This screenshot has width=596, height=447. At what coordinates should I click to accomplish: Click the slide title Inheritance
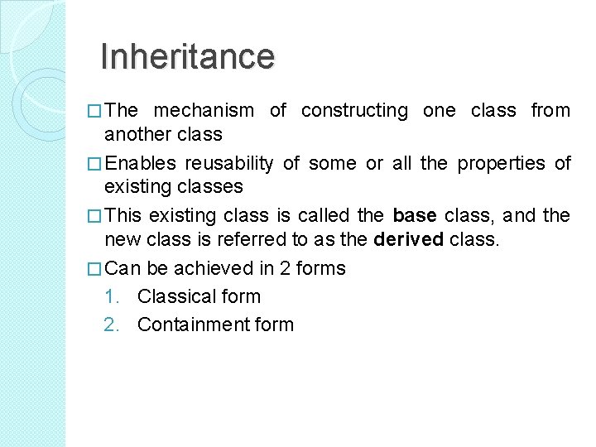tap(186, 56)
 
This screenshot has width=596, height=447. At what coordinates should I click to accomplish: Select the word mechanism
tap(204, 110)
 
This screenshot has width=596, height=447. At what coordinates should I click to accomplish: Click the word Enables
tap(140, 163)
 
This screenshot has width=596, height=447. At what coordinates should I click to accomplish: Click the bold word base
tap(415, 216)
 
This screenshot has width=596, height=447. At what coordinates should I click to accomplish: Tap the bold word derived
tap(409, 240)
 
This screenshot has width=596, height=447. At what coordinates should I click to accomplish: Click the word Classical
tap(174, 296)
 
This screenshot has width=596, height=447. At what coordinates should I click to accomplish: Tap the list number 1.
tap(113, 296)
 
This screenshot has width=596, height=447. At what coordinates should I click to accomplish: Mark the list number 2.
tap(113, 324)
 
